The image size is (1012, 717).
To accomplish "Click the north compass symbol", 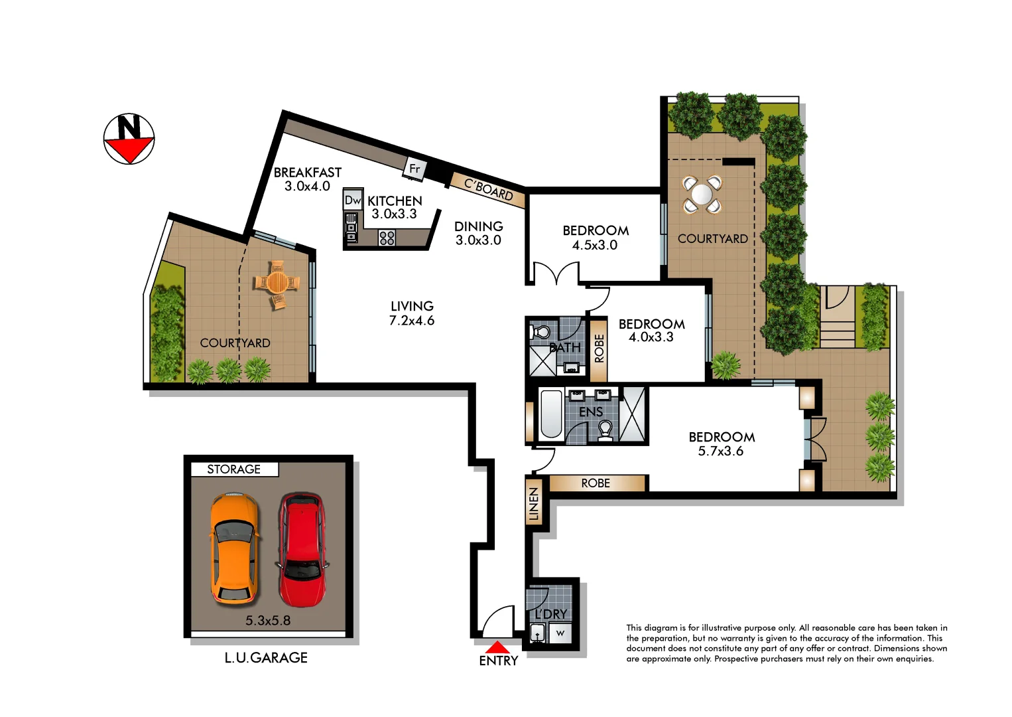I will (129, 139).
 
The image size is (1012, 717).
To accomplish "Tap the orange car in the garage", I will (233, 550).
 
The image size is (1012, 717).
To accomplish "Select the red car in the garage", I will (302, 550).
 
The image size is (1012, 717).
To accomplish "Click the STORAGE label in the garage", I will (233, 469).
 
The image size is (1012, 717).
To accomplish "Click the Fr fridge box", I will (414, 169).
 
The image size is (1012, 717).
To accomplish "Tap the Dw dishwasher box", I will (353, 200).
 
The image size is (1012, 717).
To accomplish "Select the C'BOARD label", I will (489, 190).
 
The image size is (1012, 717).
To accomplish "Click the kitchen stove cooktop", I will (387, 237).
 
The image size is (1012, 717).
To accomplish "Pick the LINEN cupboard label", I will (534, 505).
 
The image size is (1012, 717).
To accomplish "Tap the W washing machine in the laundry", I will (560, 633).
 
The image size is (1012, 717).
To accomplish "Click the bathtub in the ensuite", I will (551, 415).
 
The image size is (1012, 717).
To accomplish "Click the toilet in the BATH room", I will (542, 331).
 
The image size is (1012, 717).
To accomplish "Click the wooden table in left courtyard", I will (277, 283).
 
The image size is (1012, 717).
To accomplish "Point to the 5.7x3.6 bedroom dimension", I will (721, 451).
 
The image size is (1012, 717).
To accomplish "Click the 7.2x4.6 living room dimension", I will (411, 321).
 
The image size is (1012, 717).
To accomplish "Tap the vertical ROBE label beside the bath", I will (600, 349).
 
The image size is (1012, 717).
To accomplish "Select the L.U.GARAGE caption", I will (265, 657).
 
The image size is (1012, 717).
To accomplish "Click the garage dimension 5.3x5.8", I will (268, 621).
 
